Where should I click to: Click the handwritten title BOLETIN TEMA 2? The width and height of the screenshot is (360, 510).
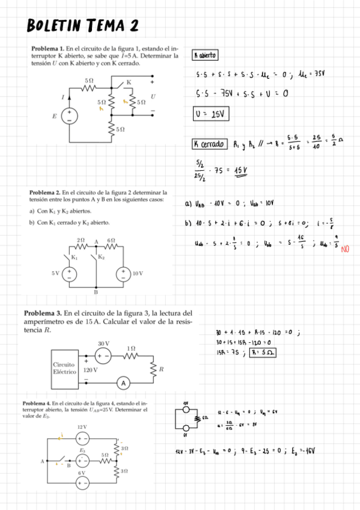click(83, 25)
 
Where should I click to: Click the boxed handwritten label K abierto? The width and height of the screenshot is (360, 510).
click(204, 55)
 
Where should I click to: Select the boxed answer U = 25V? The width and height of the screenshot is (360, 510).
click(209, 114)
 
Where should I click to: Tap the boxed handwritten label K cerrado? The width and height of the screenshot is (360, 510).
click(209, 144)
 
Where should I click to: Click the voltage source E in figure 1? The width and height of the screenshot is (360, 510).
click(70, 115)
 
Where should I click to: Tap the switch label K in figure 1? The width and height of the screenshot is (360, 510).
click(128, 82)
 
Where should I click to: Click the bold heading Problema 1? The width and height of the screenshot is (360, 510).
click(47, 48)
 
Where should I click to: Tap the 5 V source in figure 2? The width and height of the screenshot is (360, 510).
click(71, 273)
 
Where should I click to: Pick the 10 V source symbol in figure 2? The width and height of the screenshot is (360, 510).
click(124, 273)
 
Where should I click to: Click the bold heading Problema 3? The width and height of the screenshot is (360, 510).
click(43, 313)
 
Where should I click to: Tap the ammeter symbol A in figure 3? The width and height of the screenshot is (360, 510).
click(124, 383)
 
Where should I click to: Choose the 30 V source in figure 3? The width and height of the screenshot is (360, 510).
click(102, 354)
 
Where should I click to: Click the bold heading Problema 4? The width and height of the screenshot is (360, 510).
click(37, 402)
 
